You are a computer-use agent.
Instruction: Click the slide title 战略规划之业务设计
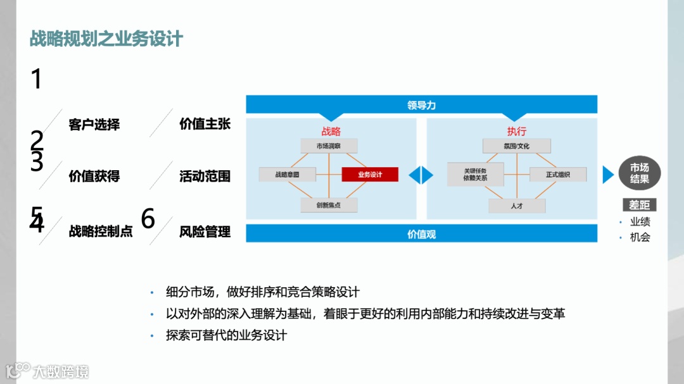pos(106,39)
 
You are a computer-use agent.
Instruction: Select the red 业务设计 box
pos(370,174)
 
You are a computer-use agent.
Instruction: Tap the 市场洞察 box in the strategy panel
pos(328,146)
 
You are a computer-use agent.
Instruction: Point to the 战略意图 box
pos(287,174)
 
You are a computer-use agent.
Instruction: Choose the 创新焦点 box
pos(328,205)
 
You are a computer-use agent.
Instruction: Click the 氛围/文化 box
pos(516,146)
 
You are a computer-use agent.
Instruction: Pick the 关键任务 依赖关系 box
pos(475,174)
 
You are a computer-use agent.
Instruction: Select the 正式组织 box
pos(558,174)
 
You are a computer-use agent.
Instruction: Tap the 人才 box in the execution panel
pos(516,206)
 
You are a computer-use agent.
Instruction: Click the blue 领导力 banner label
pos(421,105)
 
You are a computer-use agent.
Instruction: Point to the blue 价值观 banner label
pos(421,234)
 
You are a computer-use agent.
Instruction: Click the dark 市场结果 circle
pos(639,173)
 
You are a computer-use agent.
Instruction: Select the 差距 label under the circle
pos(639,205)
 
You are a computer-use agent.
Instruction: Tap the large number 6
pos(148,219)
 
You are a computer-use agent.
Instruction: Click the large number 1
pos(36,80)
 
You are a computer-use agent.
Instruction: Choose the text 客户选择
pos(94,124)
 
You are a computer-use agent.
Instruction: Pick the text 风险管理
pos(205,232)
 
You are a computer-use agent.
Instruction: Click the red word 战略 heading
pos(331,131)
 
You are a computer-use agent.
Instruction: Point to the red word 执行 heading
pos(516,131)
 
